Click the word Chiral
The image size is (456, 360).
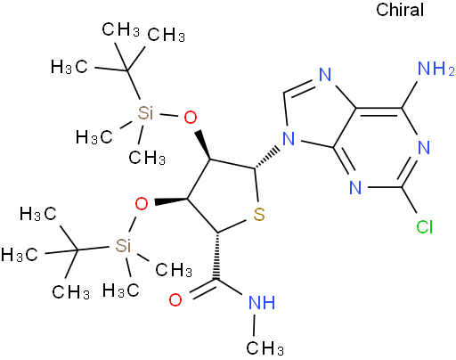click(x=400, y=10)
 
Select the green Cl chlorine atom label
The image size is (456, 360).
click(x=424, y=227)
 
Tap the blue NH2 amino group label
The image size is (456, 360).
click(x=436, y=69)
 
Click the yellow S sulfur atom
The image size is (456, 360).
click(x=259, y=214)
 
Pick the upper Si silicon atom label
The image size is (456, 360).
click(x=145, y=113)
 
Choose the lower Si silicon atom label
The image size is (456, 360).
click(x=123, y=246)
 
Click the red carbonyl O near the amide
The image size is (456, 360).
click(x=175, y=299)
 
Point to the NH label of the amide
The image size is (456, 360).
click(x=262, y=303)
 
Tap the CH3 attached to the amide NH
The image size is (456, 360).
click(x=265, y=348)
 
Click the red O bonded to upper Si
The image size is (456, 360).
click(x=190, y=117)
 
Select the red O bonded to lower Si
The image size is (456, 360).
click(x=142, y=204)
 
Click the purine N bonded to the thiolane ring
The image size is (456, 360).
click(x=289, y=138)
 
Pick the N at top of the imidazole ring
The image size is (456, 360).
click(x=325, y=75)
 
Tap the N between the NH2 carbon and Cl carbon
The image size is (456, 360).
click(x=424, y=148)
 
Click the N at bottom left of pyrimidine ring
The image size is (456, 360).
click(x=355, y=187)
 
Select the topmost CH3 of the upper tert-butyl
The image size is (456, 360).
click(x=120, y=29)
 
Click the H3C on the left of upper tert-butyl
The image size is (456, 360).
click(x=69, y=67)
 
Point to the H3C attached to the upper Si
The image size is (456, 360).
click(x=94, y=137)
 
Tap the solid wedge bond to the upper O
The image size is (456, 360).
click(x=204, y=145)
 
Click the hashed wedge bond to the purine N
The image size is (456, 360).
click(x=267, y=157)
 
